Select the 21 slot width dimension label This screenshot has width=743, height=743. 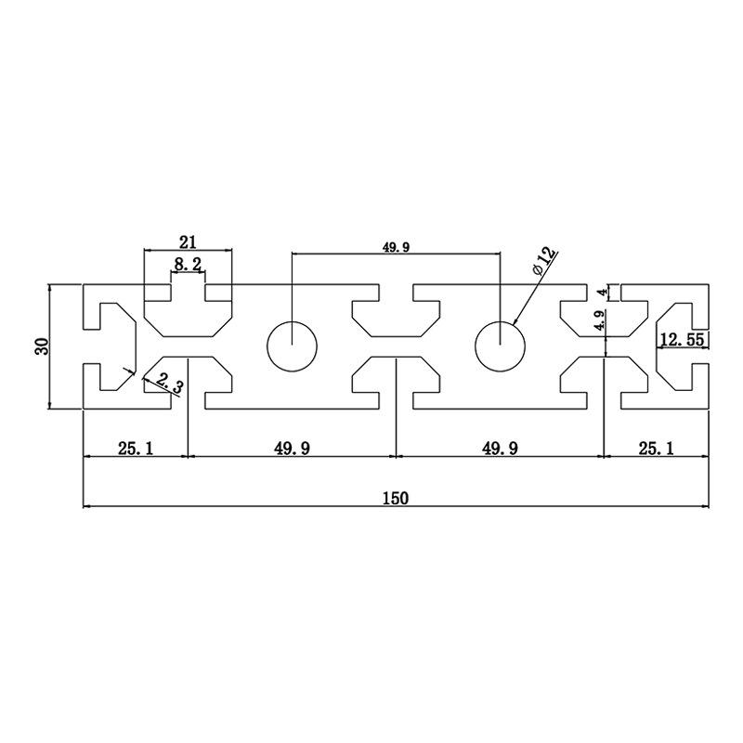[188, 242]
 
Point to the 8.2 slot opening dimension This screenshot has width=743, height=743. [188, 265]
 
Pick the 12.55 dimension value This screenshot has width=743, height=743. [681, 339]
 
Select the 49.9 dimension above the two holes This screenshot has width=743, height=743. [396, 247]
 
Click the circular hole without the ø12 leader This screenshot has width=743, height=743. [292, 346]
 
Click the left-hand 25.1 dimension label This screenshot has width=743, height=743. [136, 449]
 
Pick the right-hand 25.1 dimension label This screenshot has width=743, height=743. [658, 449]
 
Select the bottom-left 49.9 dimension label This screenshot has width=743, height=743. [292, 449]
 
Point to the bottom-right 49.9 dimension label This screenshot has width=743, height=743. [500, 449]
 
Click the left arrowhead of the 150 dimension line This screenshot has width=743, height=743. [86, 506]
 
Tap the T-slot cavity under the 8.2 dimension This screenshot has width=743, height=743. [188, 316]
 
